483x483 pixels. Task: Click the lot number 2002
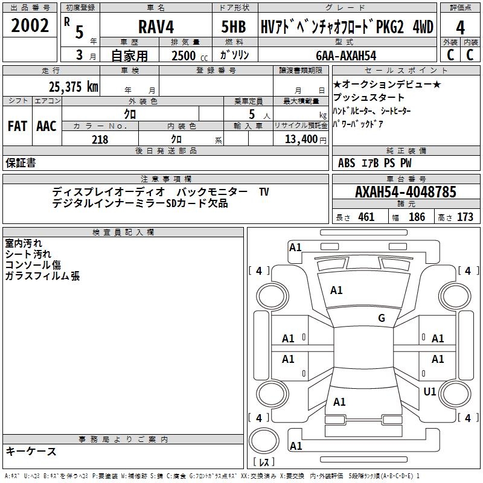[x=30, y=26]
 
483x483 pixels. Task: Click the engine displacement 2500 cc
[x=184, y=56]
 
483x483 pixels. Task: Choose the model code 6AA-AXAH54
[x=346, y=56]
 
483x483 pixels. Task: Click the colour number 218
[x=100, y=139]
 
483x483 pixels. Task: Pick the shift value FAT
[x=18, y=126]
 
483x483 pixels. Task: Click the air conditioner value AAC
[x=46, y=126]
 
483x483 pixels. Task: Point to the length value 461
[x=366, y=217]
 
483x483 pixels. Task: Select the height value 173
[x=465, y=217]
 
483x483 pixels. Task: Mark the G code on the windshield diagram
[x=382, y=318]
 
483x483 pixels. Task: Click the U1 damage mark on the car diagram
[x=430, y=392]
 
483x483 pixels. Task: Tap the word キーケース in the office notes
[x=31, y=451]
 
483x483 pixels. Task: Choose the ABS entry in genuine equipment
[x=347, y=163]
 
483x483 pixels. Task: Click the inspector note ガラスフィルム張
[x=42, y=276]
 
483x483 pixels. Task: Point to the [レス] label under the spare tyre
[x=263, y=463]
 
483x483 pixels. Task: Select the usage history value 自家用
[x=130, y=56]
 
